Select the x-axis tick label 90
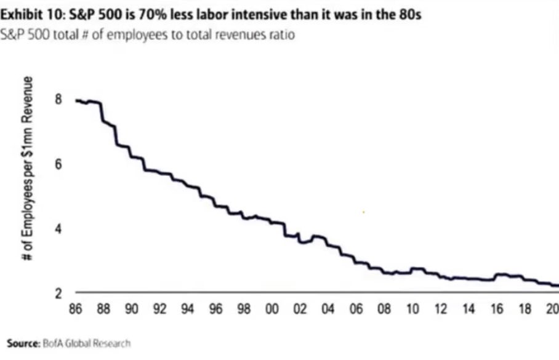pos(132,309)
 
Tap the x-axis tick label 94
pos(188,309)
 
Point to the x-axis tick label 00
pos(272,309)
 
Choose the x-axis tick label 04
pos(328,309)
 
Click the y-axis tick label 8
pos(58,99)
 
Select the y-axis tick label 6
pos(58,164)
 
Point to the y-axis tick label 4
pos(58,229)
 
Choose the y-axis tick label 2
pos(58,294)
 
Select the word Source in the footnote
pos(22,342)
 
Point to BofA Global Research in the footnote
pos(86,342)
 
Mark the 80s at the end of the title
pos(409,14)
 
